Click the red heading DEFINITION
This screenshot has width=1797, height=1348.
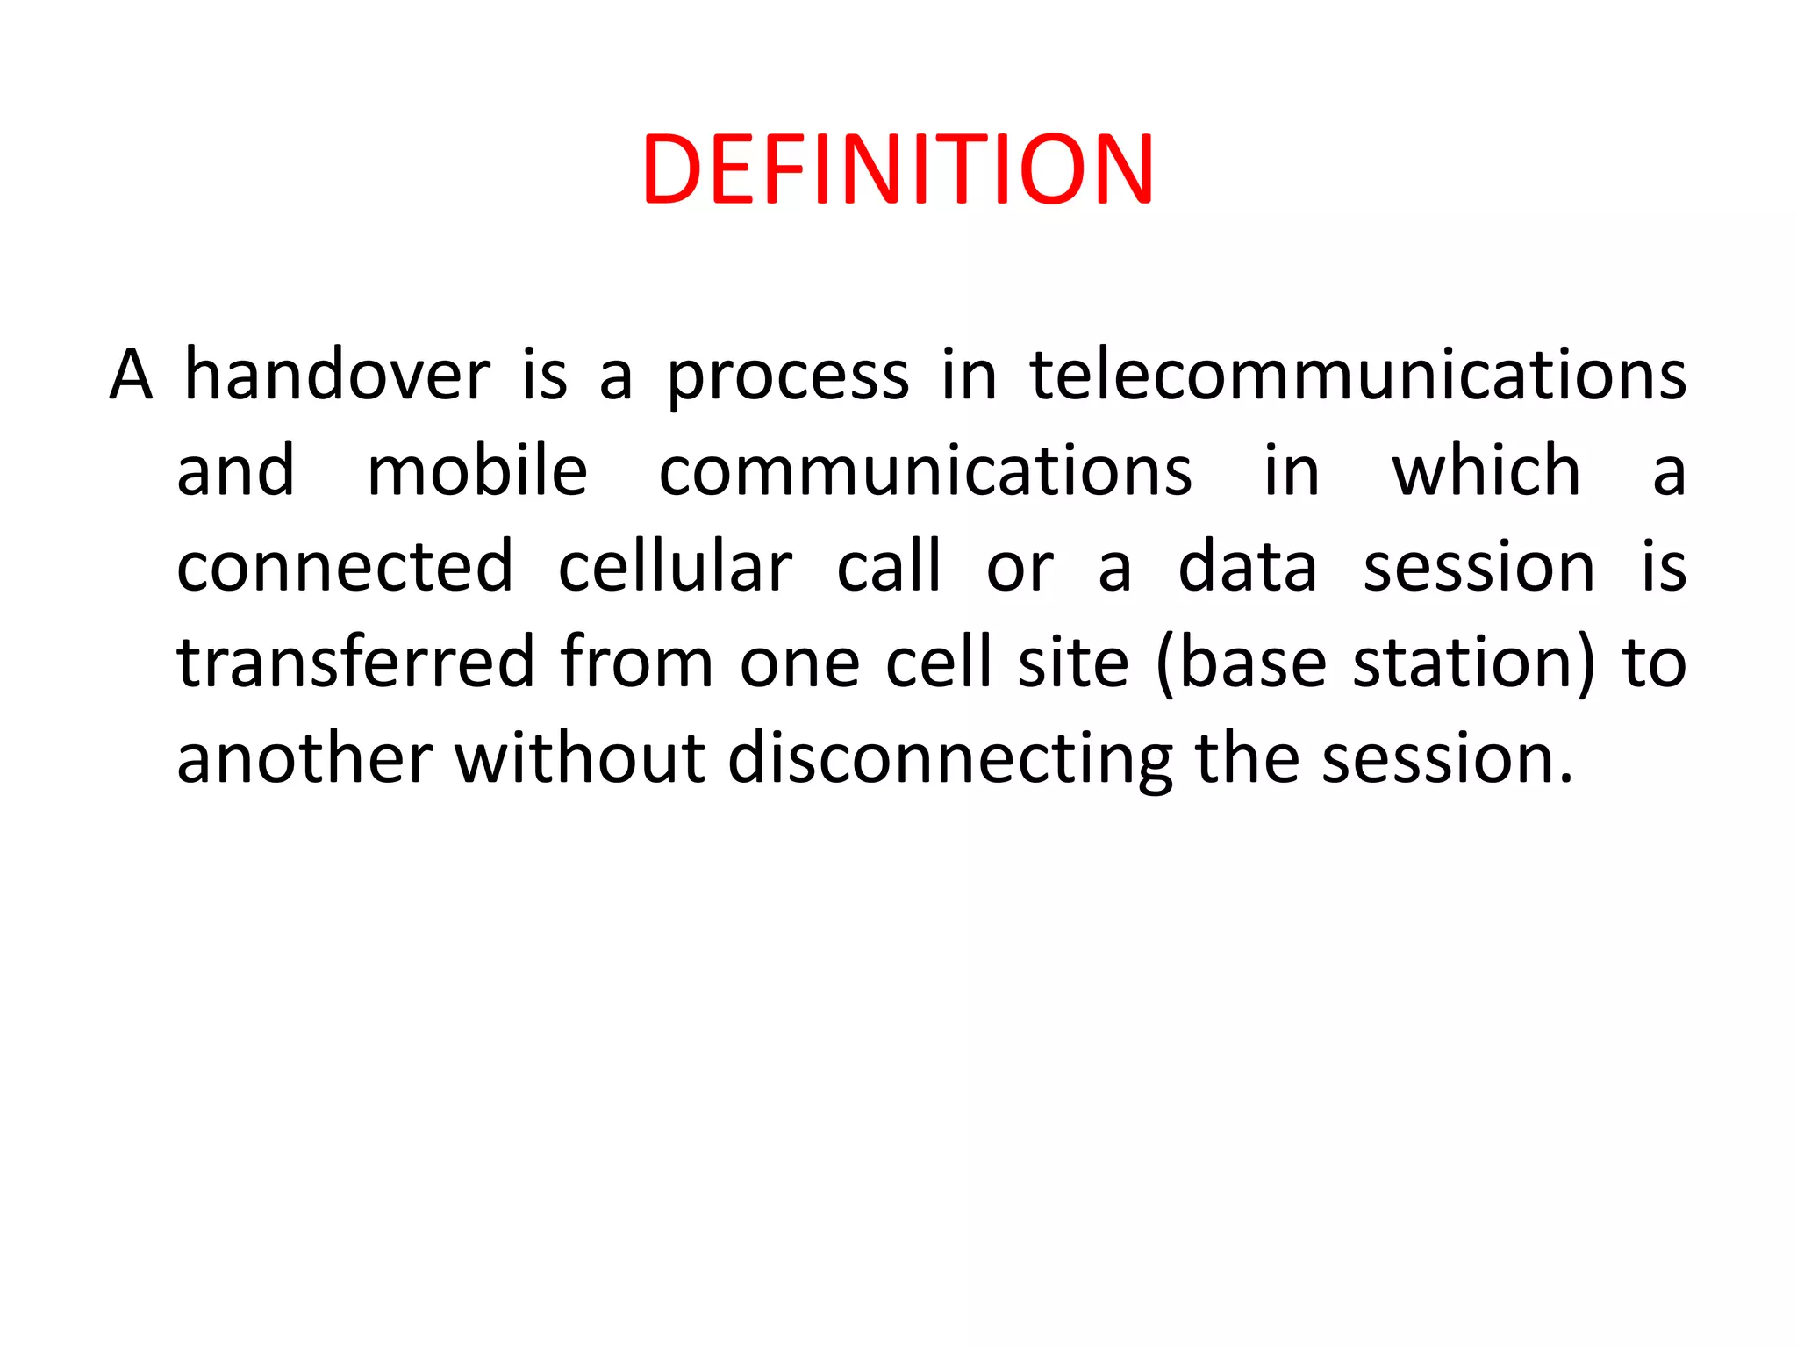898,169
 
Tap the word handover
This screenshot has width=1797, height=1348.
337,376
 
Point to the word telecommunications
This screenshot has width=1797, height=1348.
1357,376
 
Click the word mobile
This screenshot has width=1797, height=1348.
476,471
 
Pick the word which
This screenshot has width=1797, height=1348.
1486,471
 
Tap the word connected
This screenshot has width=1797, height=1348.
345,567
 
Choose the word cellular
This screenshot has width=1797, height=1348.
675,567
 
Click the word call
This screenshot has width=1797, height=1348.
889,567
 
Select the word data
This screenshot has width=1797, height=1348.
1247,567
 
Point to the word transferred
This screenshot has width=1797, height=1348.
355,662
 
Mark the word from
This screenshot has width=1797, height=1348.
636,662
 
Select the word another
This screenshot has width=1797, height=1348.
304,758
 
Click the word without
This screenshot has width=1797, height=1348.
580,758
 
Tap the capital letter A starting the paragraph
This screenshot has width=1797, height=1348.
131,376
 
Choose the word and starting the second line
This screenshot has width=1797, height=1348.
235,471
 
